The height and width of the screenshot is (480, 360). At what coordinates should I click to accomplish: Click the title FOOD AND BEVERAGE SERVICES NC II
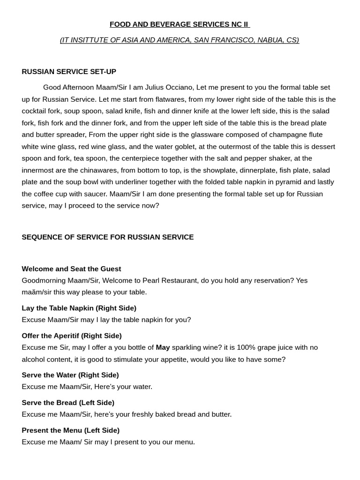pos(180,24)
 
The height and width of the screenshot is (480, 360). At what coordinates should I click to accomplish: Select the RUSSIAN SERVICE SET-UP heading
pos(69,72)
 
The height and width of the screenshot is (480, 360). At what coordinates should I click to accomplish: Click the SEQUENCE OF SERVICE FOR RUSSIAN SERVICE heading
pos(108,237)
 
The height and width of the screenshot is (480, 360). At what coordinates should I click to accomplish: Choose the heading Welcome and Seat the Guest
pos(71,269)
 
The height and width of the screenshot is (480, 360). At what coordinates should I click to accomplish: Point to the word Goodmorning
pos(43,281)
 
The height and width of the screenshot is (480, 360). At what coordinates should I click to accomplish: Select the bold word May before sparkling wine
pos(163,348)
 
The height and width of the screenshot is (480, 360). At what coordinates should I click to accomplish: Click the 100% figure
pos(246,348)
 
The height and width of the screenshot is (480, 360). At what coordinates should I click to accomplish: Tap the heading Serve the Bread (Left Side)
pos(68,403)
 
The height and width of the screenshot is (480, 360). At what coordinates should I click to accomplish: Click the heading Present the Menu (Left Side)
pos(70,430)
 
